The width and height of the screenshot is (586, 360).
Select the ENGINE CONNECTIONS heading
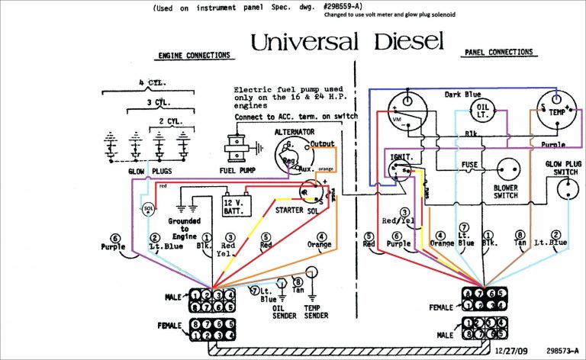click(194, 56)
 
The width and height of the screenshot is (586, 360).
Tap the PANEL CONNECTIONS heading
click(498, 53)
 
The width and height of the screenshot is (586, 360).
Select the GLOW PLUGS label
click(147, 171)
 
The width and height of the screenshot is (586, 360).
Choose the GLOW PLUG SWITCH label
click(563, 169)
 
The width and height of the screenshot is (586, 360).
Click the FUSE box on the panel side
click(470, 165)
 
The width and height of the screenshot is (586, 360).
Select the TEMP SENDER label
click(316, 311)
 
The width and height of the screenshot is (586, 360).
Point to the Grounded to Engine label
click(185, 229)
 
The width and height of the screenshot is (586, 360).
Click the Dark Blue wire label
click(462, 95)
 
